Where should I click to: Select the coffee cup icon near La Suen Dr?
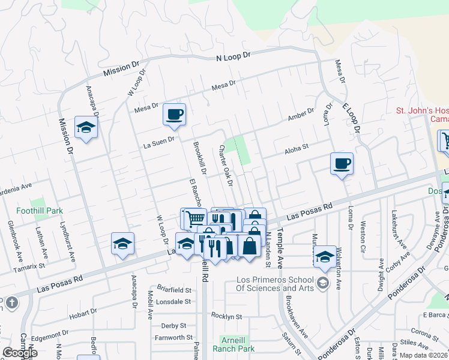pos(174,114)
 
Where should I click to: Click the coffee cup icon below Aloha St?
pos(342,163)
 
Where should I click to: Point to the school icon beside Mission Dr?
pos(86,128)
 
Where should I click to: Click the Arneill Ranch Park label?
pos(237,344)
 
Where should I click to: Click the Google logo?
pos(20,353)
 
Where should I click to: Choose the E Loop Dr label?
pos(351,118)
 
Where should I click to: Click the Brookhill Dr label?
pos(200,158)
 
